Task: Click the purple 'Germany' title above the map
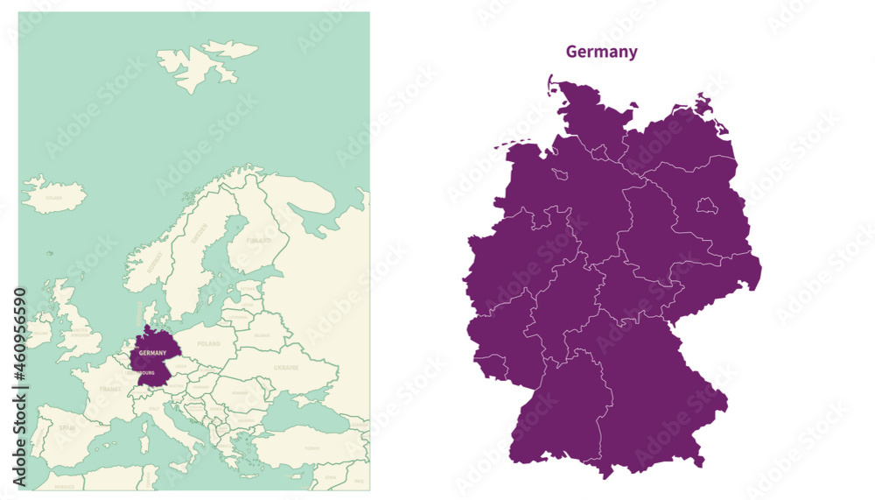point(601,52)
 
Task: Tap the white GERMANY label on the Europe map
point(152,353)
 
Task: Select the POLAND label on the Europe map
point(209,345)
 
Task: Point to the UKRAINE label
point(286,368)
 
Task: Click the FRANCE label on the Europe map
point(110,388)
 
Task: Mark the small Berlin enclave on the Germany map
point(705,206)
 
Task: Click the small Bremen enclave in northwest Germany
point(559,174)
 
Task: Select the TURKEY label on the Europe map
point(311,447)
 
